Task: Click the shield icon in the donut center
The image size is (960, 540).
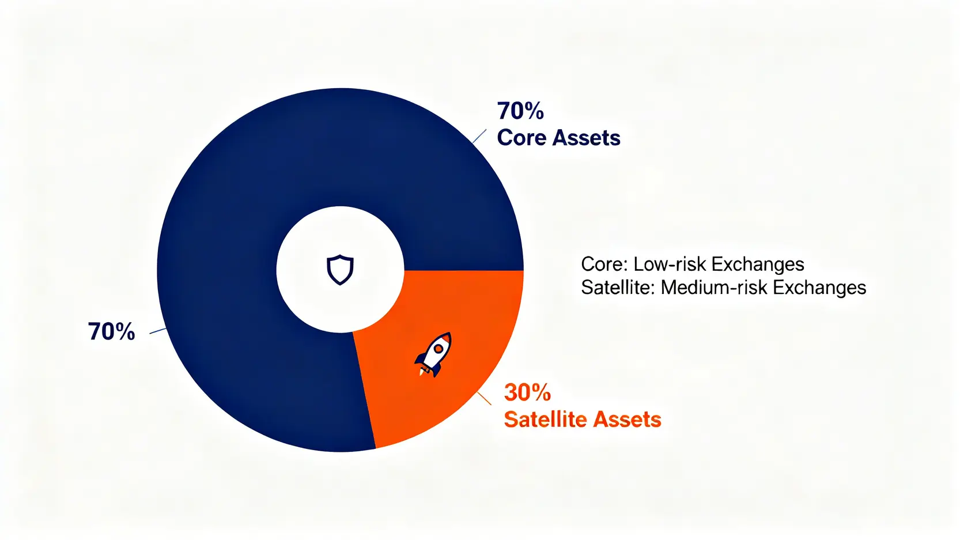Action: (x=340, y=270)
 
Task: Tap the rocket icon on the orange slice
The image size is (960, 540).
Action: (x=434, y=354)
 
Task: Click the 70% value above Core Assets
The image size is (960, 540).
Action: (x=520, y=111)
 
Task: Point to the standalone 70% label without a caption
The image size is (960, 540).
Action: (x=111, y=331)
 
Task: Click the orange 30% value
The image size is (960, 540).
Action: (x=527, y=392)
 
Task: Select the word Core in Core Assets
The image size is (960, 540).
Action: (x=521, y=138)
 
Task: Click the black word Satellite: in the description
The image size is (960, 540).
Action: (x=618, y=287)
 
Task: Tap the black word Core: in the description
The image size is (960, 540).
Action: (x=604, y=264)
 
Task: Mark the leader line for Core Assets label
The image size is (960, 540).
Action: (x=479, y=137)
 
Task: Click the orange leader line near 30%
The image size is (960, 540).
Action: (x=485, y=398)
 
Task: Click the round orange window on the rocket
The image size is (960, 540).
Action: (x=439, y=348)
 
